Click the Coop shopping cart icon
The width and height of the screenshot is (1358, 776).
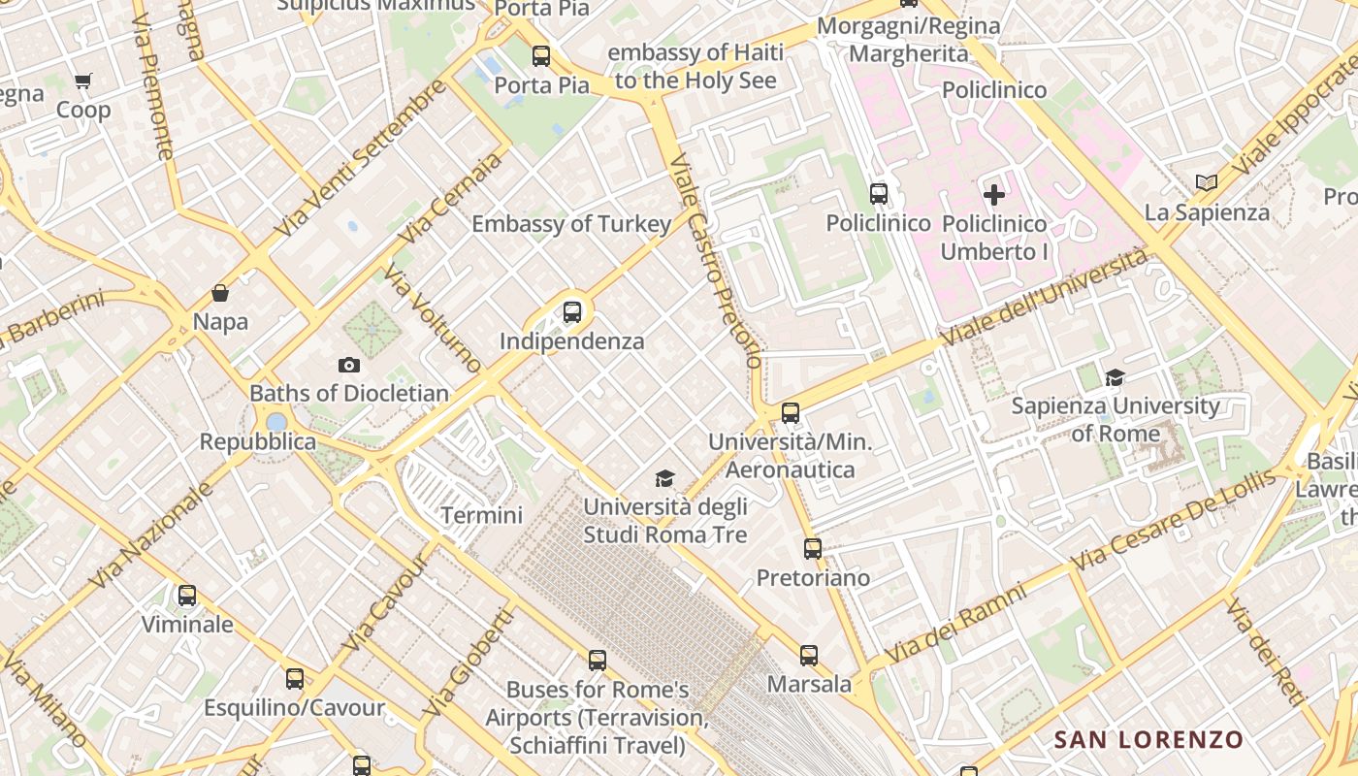(x=82, y=81)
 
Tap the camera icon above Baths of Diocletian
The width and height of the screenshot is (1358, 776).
(x=349, y=365)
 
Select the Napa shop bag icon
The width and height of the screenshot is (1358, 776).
(x=220, y=293)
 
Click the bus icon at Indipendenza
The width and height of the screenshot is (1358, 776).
(x=572, y=312)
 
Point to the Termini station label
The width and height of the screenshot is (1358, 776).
(x=481, y=515)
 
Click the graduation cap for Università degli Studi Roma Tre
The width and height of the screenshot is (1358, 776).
(x=664, y=478)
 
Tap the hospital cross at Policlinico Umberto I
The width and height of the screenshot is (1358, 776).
(x=994, y=195)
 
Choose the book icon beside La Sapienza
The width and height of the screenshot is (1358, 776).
(x=1207, y=182)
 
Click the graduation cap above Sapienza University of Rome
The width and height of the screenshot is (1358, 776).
(x=1115, y=377)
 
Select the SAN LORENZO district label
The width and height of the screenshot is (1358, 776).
(x=1148, y=739)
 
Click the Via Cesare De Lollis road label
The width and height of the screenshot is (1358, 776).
(x=1173, y=520)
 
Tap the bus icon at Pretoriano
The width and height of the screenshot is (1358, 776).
(x=813, y=549)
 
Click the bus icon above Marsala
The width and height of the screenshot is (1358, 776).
(x=809, y=656)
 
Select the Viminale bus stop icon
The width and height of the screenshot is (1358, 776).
(x=187, y=596)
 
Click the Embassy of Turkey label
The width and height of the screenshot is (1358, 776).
(x=570, y=224)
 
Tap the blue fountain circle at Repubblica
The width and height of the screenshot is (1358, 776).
(x=276, y=422)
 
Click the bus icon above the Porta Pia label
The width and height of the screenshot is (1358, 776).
(x=541, y=56)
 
